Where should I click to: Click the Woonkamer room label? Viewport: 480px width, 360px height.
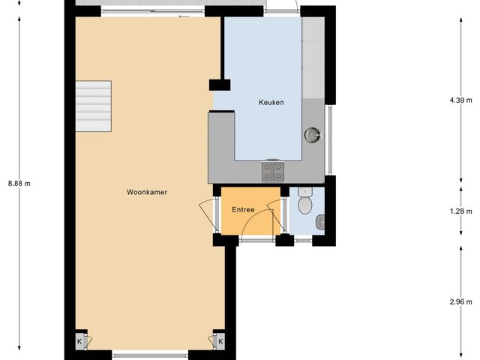coord(146,192)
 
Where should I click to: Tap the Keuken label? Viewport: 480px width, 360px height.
coord(271,103)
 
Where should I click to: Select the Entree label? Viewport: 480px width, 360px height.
coord(243,210)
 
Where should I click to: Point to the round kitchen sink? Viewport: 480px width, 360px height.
coord(312,134)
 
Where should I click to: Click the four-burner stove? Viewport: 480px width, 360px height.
coord(272,172)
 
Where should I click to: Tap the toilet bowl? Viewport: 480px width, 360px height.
coord(304,203)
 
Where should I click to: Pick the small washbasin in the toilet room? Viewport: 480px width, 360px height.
coord(320,220)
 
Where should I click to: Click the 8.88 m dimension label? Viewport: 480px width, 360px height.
coord(20,183)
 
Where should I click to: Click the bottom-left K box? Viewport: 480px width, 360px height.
coord(79,341)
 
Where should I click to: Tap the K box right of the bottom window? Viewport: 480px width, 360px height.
coord(220,341)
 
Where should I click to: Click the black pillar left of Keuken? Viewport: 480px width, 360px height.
coord(218,84)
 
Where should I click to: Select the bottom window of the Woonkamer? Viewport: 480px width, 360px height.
coord(149,353)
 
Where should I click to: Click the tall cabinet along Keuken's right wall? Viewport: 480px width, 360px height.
coord(312,56)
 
